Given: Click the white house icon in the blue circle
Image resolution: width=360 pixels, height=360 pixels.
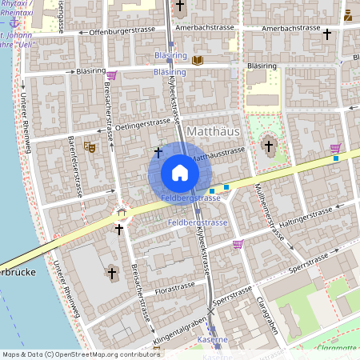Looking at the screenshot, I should click(180, 172).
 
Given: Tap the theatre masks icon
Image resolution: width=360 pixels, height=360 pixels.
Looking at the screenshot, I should click(89, 146).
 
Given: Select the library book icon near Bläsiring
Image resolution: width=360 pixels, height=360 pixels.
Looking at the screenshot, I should click(198, 60).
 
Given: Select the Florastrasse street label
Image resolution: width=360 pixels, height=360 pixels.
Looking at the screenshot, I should click(175, 286).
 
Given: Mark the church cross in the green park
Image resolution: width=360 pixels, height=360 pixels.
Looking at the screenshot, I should click(268, 146).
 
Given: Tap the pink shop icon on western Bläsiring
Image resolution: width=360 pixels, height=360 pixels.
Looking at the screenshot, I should click(111, 75).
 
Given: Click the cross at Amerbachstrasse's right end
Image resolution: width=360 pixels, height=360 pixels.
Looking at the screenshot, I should click(326, 34).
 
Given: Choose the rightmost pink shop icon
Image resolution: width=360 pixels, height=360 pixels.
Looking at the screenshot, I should click(335, 147).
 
